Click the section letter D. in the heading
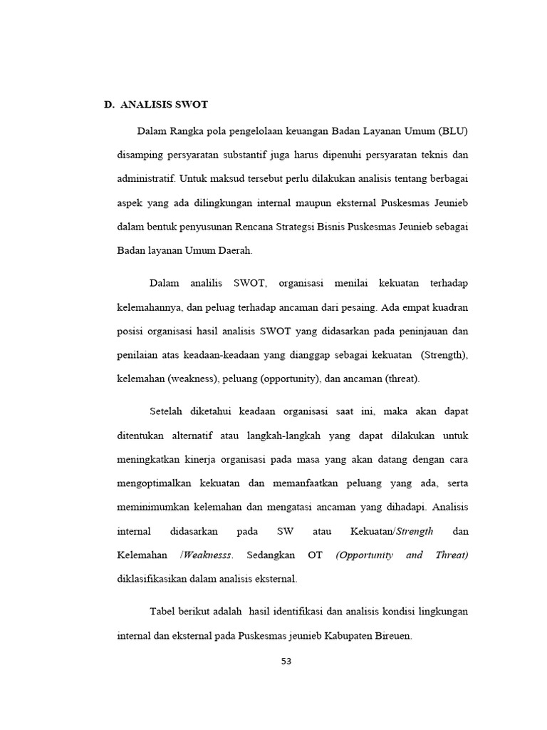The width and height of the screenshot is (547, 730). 110,104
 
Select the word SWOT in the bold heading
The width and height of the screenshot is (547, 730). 192,104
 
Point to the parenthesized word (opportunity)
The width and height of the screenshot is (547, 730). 283,379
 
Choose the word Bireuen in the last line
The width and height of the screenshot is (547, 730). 389,635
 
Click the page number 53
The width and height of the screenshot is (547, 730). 286,661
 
